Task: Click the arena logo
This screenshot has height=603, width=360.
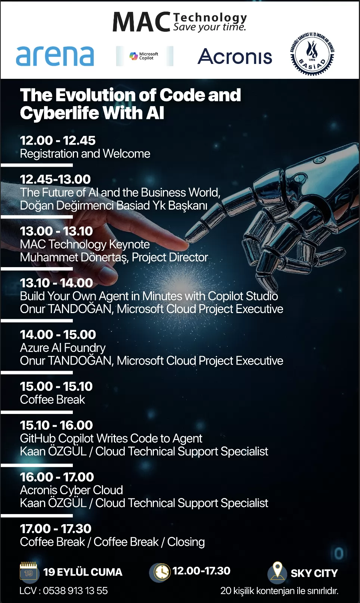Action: (x=55, y=56)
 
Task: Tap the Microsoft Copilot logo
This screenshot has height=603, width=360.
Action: (x=144, y=56)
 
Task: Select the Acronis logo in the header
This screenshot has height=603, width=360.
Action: (x=235, y=56)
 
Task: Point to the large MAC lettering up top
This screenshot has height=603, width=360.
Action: (x=141, y=22)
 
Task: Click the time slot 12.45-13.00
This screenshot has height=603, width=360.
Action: (x=55, y=179)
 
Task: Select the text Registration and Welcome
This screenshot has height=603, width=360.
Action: (x=85, y=154)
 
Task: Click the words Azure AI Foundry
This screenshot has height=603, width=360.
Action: (x=63, y=348)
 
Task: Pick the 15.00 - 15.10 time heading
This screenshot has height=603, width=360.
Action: (x=56, y=386)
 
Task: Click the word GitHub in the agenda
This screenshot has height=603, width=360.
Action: (x=38, y=439)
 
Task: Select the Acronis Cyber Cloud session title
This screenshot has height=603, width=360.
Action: (x=71, y=490)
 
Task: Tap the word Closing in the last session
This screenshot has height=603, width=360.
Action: (x=186, y=542)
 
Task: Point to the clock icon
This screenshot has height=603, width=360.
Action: (x=160, y=571)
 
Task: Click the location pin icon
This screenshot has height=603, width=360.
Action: (x=277, y=570)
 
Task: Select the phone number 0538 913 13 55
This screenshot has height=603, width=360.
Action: (x=75, y=591)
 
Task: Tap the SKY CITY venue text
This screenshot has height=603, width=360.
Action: (x=314, y=573)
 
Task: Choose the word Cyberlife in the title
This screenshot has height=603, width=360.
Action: (x=59, y=113)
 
